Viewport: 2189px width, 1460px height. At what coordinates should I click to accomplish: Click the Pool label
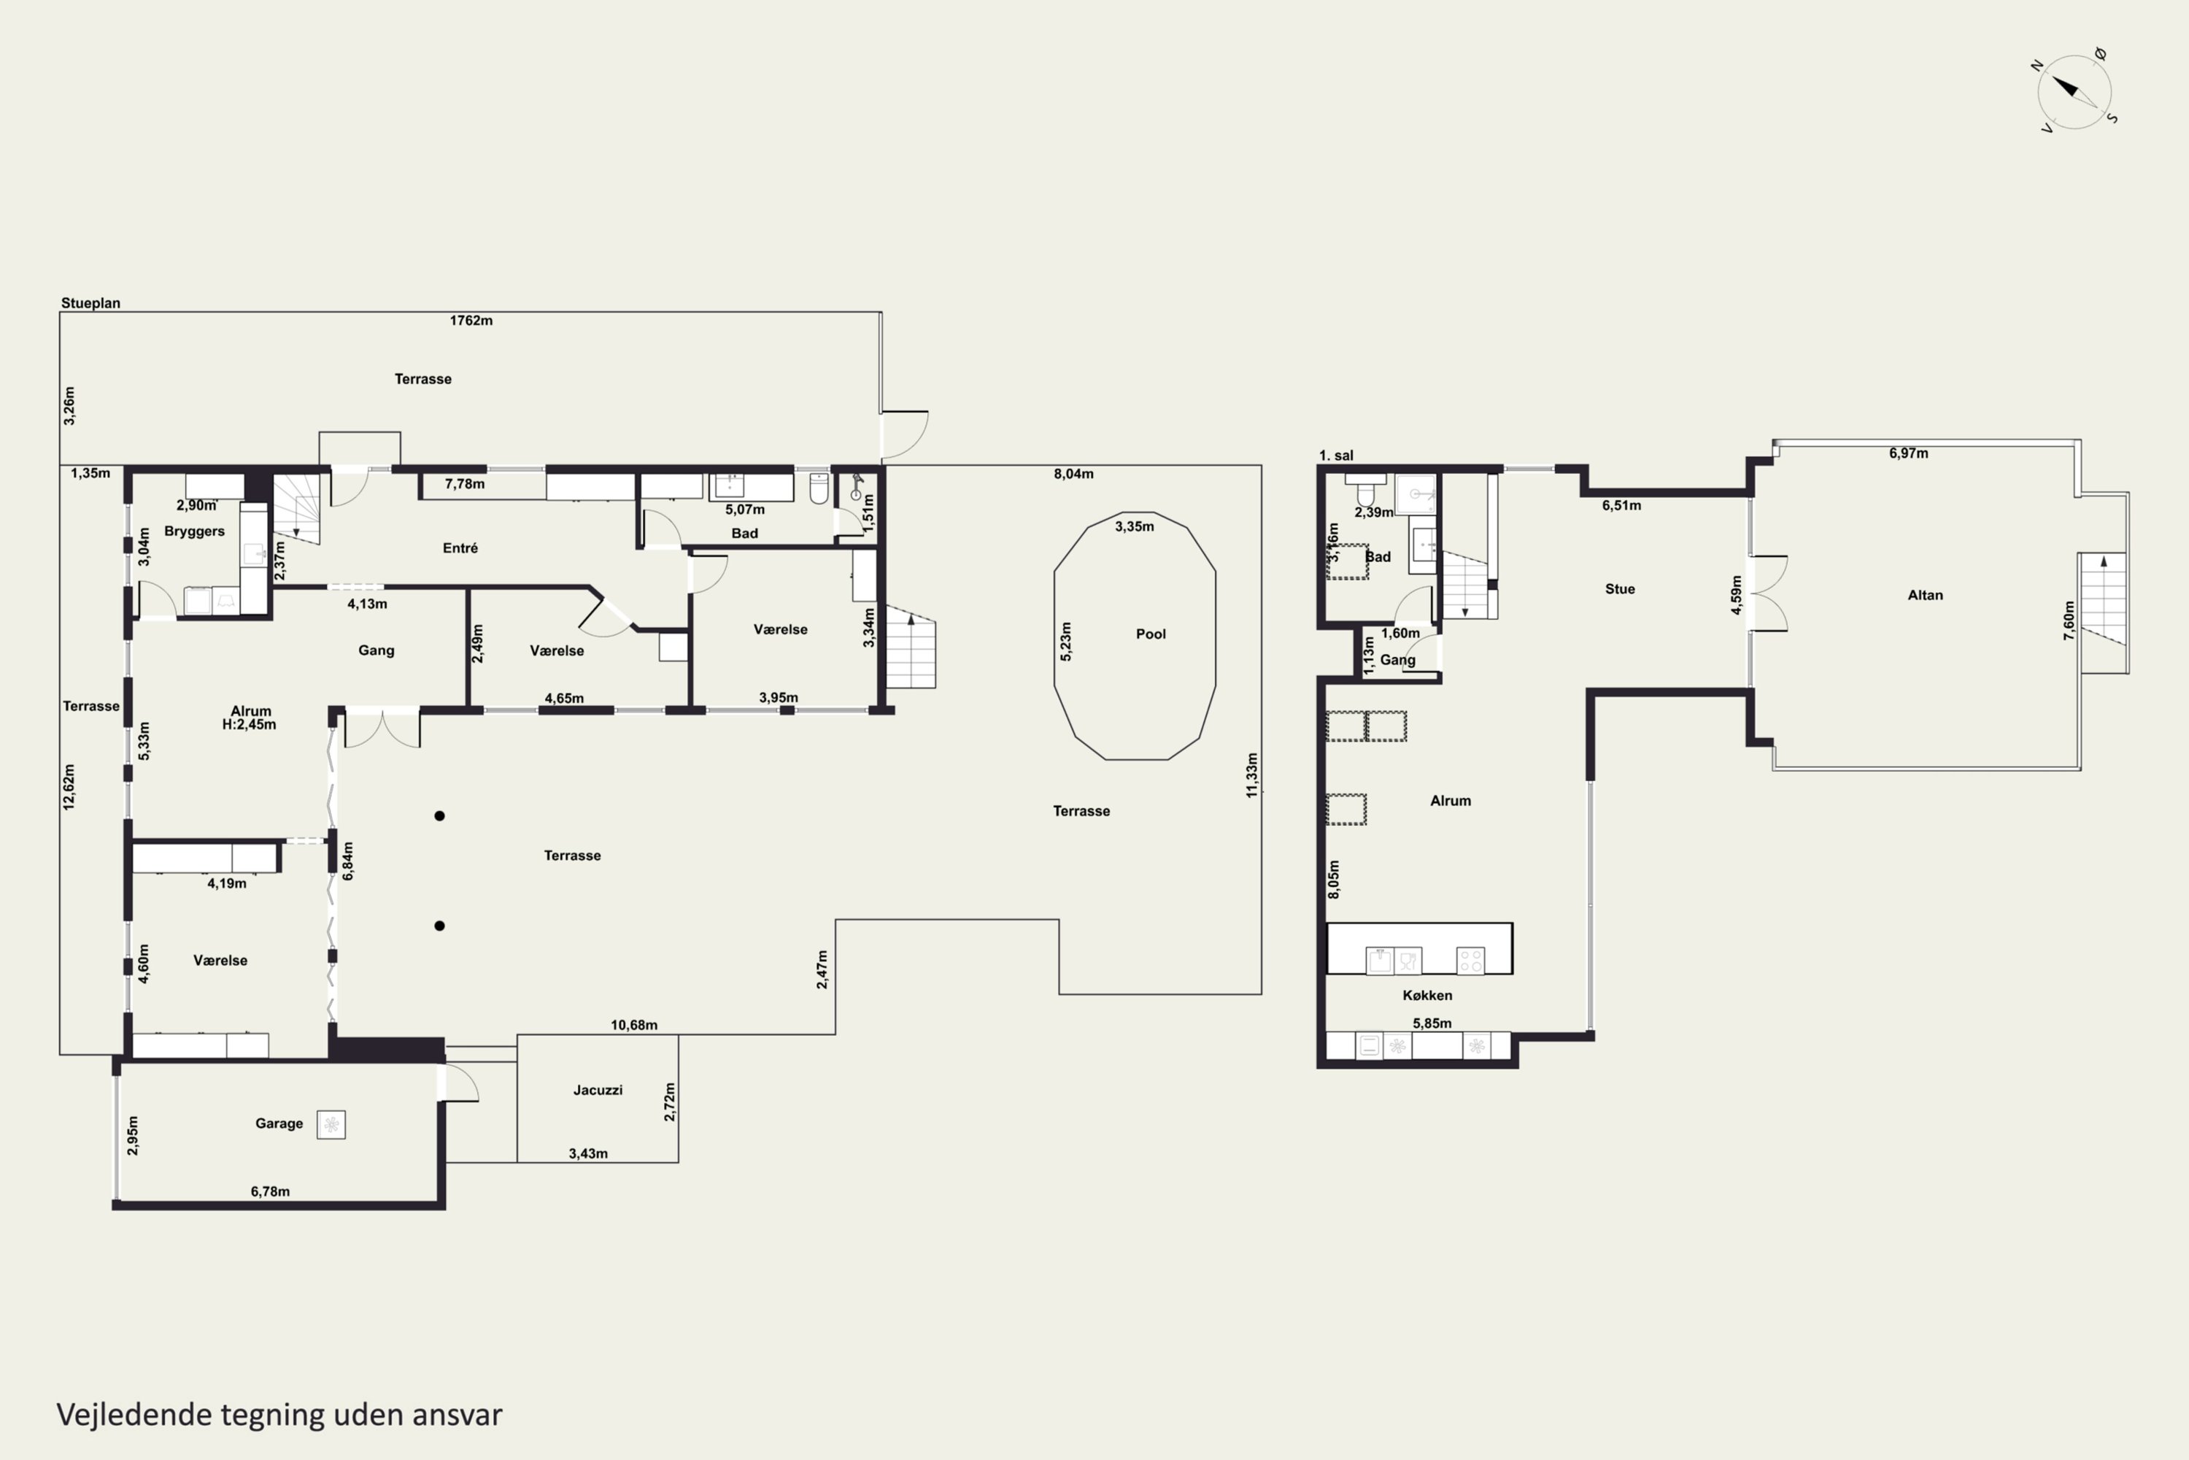[1151, 634]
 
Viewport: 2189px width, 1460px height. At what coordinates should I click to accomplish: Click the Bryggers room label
[195, 531]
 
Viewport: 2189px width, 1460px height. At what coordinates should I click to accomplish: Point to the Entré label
[460, 548]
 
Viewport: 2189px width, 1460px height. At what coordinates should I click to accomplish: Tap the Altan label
[1926, 595]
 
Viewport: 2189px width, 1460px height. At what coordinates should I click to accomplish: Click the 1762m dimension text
[471, 320]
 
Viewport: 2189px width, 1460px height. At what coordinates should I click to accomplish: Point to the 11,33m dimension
[1253, 775]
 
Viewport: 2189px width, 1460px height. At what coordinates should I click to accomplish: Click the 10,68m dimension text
[634, 1025]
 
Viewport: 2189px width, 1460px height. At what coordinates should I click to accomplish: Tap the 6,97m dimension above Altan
[1909, 453]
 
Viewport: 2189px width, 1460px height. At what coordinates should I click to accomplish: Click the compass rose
[2074, 91]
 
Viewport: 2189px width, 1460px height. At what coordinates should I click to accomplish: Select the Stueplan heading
[90, 303]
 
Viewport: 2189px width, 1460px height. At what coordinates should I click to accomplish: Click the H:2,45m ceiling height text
[250, 724]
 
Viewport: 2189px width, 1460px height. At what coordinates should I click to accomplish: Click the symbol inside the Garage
[331, 1125]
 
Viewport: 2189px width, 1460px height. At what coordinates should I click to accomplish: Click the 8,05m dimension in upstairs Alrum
[1334, 880]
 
